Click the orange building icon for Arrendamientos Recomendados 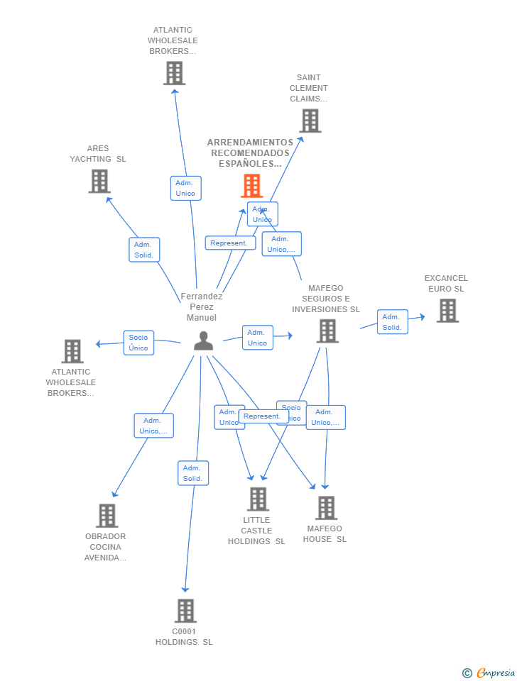[x=252, y=186]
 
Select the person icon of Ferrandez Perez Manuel [x=203, y=341]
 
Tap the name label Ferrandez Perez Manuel [x=202, y=307]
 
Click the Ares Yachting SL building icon [x=99, y=181]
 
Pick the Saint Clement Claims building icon [x=310, y=121]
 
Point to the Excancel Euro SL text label [x=446, y=284]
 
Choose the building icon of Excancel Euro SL [x=447, y=311]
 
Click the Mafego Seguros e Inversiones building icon [x=327, y=331]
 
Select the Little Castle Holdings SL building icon [x=258, y=499]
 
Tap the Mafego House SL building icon [x=326, y=508]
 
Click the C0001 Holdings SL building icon [x=185, y=611]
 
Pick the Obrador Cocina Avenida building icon [x=107, y=516]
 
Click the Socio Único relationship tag [x=138, y=343]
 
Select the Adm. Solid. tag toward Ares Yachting [x=144, y=250]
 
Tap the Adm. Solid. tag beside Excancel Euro [x=392, y=322]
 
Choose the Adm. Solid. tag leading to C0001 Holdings [x=193, y=473]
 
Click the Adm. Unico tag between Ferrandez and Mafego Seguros [x=257, y=338]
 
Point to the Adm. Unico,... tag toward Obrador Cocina [x=153, y=426]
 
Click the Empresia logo [x=489, y=672]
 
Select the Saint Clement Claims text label [x=309, y=88]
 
